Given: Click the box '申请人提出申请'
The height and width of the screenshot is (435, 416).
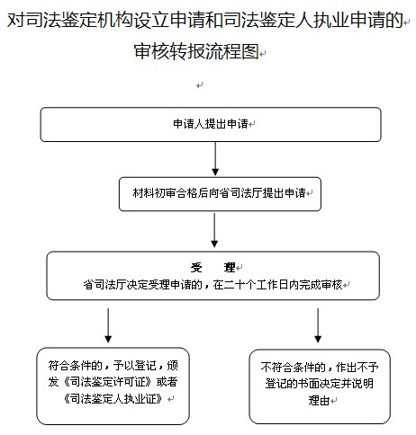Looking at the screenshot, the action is (211, 124).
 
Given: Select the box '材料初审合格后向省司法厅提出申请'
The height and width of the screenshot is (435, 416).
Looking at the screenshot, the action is (220, 194).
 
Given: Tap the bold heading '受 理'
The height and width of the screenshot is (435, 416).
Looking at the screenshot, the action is (213, 268).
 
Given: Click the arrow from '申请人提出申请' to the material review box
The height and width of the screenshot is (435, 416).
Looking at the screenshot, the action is (215, 159).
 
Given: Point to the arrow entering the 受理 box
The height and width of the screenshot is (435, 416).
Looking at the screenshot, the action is (214, 230).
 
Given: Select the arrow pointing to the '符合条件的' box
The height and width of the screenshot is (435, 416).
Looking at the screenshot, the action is (108, 325).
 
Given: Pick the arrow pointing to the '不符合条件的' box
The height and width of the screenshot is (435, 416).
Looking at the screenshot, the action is (318, 325).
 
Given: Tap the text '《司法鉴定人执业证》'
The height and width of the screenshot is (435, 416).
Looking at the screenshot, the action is (113, 399).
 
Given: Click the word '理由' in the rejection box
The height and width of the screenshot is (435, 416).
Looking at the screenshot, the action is (319, 401).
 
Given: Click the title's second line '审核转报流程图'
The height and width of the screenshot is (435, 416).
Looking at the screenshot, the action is (196, 51).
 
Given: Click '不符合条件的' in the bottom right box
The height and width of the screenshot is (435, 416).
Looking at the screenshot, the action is (294, 368).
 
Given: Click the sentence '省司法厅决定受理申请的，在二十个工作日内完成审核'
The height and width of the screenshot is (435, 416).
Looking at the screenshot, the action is (213, 285).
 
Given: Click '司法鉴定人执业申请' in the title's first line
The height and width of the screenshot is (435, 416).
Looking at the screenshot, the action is (313, 21).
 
